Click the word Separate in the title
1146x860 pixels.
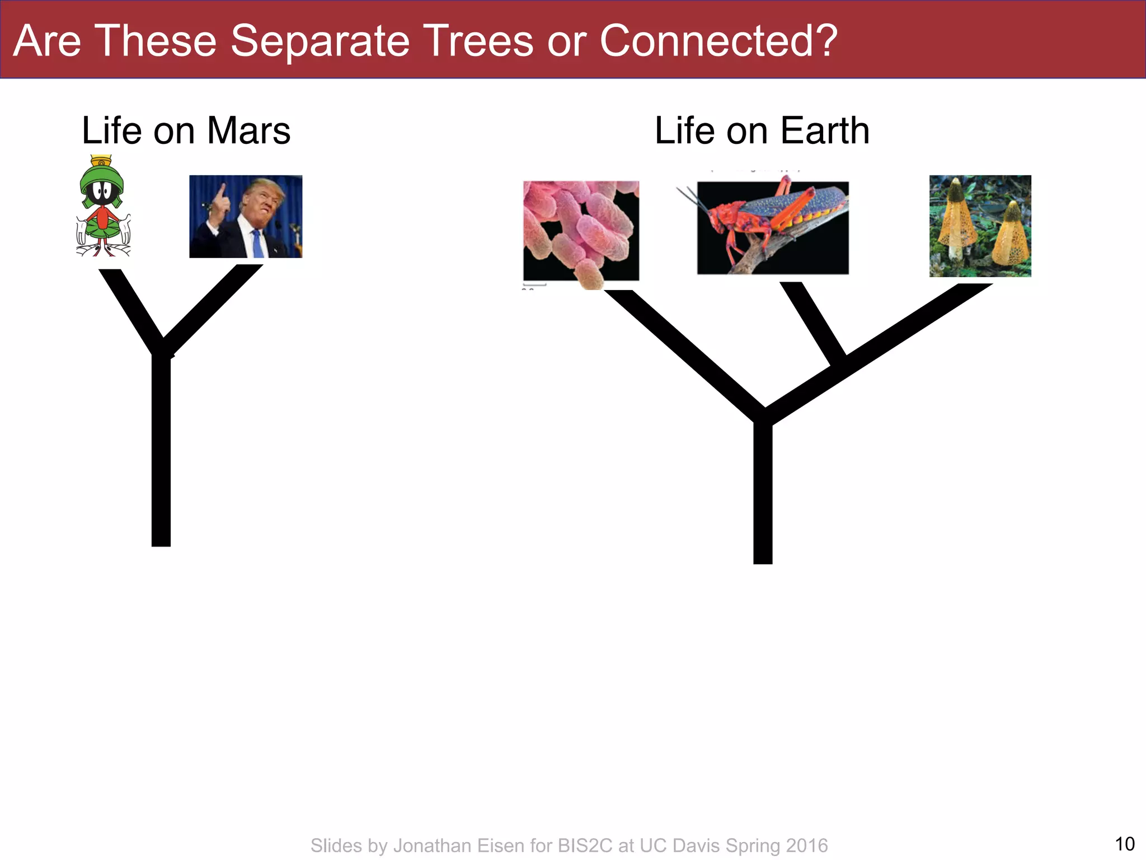(x=320, y=41)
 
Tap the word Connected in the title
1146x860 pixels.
(x=710, y=41)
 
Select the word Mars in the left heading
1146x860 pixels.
(x=248, y=131)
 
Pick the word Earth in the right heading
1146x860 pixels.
(x=825, y=131)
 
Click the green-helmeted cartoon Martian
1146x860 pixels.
(x=103, y=206)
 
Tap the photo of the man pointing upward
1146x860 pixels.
(x=246, y=216)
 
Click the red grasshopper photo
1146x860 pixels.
(x=773, y=227)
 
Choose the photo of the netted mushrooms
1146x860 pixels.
(x=980, y=226)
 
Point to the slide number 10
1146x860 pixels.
(x=1125, y=844)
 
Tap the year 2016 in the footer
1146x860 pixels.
(x=807, y=845)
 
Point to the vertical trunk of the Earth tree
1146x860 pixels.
(x=763, y=493)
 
